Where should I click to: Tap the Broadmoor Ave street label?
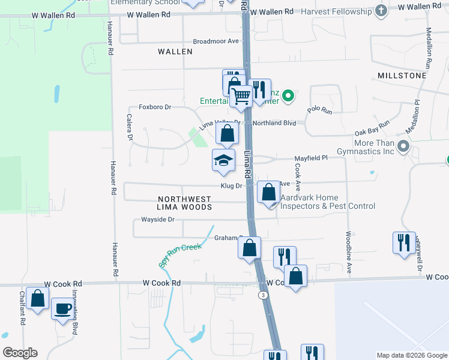pyautogui.click(x=216, y=41)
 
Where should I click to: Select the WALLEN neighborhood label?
pyautogui.click(x=175, y=52)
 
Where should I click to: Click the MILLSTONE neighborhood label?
pyautogui.click(x=402, y=76)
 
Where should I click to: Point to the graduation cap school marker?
pyautogui.click(x=223, y=161)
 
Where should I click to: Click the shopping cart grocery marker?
pyautogui.click(x=241, y=95)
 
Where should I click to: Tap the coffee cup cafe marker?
pyautogui.click(x=63, y=309)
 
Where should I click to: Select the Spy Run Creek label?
pyautogui.click(x=180, y=255)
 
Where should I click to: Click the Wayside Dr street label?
pyautogui.click(x=158, y=220)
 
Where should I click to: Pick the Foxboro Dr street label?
pyautogui.click(x=155, y=107)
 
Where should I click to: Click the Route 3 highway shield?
pyautogui.click(x=263, y=295)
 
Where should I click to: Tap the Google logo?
pyautogui.click(x=20, y=353)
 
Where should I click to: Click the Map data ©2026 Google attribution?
pyautogui.click(x=411, y=355)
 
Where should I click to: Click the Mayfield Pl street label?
pyautogui.click(x=311, y=158)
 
